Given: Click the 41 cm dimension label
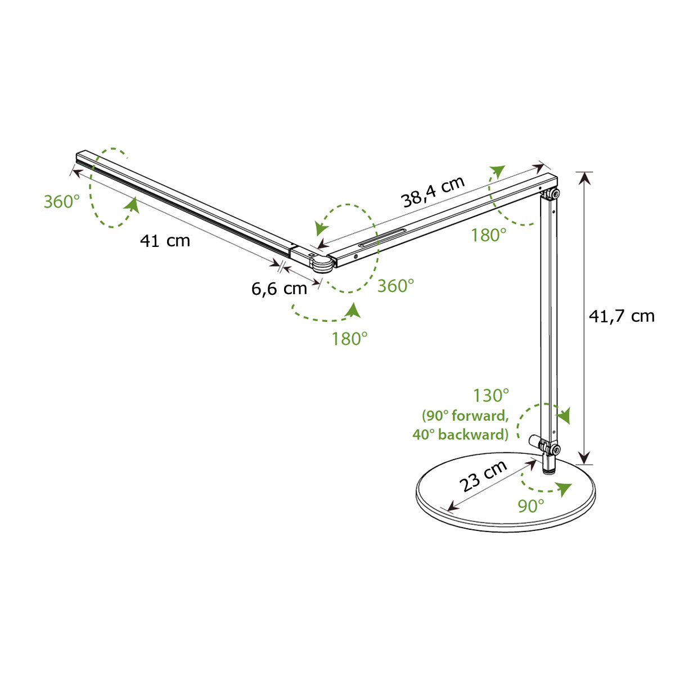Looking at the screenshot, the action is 165,241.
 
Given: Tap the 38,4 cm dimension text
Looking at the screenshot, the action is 433,192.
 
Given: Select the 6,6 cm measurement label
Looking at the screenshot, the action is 279,289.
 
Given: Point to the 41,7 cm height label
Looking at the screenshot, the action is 622,317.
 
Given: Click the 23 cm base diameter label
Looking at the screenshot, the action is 483,475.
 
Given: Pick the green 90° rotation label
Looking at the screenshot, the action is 531,506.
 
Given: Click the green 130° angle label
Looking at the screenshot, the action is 490,396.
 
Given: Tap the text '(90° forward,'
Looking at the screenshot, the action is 465,416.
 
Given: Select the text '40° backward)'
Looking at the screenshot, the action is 460,435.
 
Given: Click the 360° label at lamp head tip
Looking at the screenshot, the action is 62,202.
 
